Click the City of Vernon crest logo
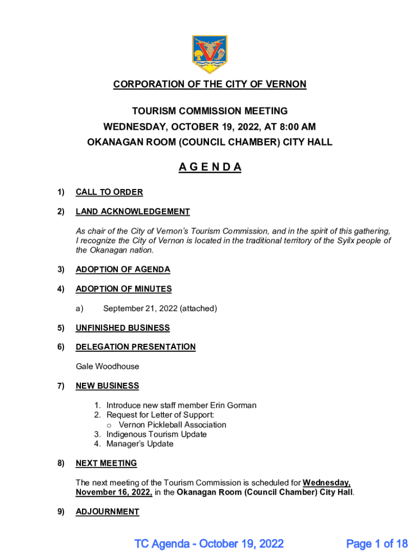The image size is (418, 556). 210,54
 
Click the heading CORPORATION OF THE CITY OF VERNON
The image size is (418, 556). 210,85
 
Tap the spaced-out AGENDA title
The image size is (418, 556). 210,167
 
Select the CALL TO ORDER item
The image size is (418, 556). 109,192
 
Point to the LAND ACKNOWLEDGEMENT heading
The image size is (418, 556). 132,212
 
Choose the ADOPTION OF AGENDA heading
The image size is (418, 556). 123,269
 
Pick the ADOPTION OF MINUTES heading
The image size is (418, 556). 123,289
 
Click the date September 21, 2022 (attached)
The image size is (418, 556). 160,308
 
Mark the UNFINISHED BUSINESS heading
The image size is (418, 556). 123,328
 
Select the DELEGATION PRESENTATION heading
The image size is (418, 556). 136,347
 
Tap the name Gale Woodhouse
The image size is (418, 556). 107,367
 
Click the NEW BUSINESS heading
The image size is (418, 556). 107,386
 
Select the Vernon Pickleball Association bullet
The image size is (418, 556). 172,425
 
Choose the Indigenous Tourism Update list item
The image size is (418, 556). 156,434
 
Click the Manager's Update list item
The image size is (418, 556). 140,444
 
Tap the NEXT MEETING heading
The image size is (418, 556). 106,463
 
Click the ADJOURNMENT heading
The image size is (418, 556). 107,511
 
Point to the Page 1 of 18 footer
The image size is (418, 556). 377,543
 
